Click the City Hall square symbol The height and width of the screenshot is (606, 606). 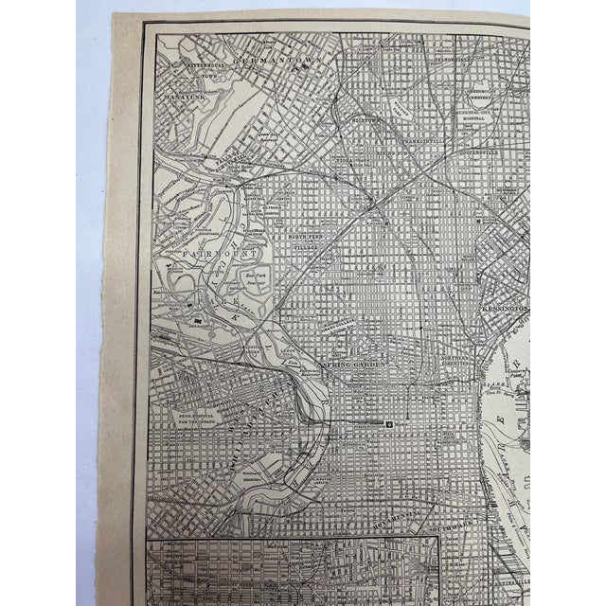click(389, 423)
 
